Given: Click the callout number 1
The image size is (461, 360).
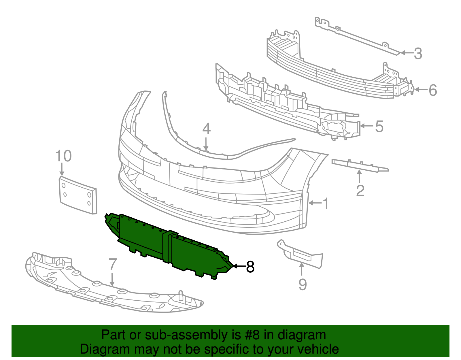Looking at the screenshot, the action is click(326, 203).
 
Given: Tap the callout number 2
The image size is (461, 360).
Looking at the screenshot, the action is click(360, 191).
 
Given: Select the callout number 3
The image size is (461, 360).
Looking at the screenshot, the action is click(418, 54).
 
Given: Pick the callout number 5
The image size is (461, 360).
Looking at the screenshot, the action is click(379, 127).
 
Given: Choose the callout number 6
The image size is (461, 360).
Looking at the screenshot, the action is click(433, 90).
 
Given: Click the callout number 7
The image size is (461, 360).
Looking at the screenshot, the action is click(113, 264).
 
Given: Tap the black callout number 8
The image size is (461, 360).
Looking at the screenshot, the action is click(250, 267).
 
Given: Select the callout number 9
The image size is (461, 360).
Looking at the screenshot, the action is click(303, 284).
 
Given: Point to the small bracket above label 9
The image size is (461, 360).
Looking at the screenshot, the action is click(303, 255).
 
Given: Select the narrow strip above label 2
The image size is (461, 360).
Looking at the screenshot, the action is click(360, 166).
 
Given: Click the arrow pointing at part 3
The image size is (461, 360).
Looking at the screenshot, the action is click(406, 53).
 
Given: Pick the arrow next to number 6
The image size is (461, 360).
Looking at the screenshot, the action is click(421, 90).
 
